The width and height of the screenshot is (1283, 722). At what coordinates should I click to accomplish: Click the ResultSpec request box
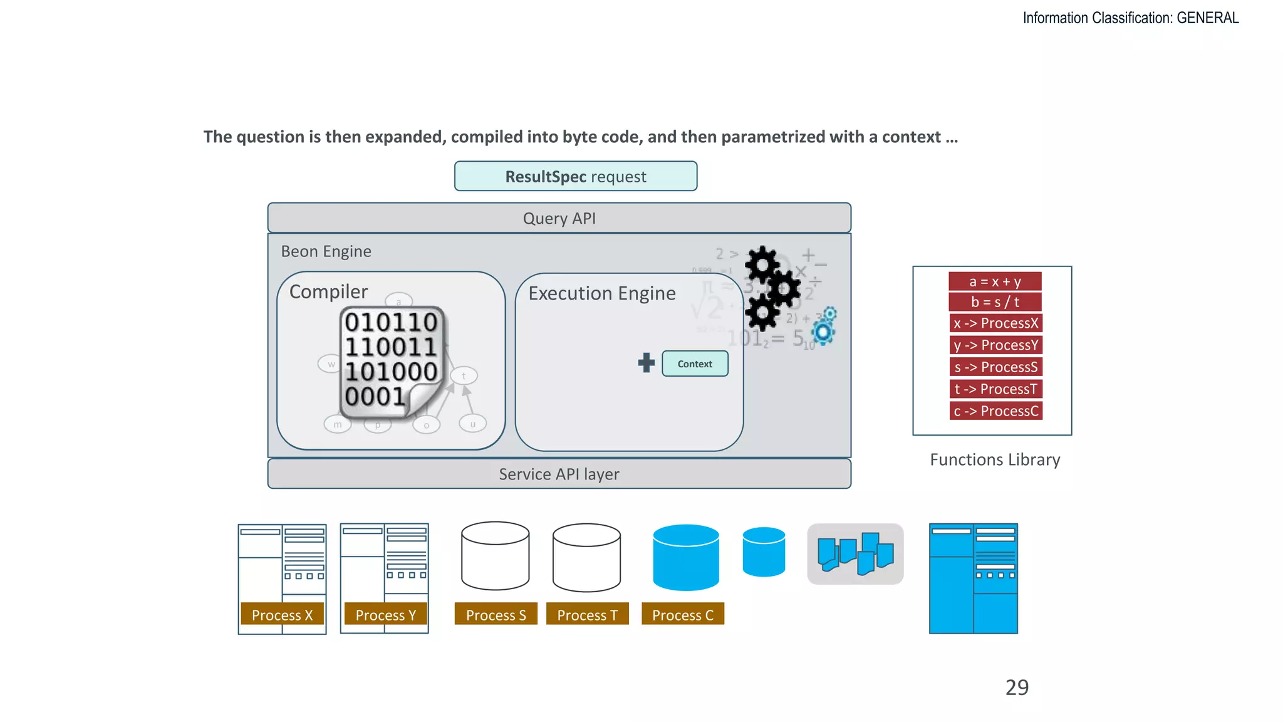[x=575, y=176]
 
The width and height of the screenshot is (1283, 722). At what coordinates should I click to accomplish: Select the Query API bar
[x=559, y=218]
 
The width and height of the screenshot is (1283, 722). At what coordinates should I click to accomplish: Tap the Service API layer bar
[x=559, y=474]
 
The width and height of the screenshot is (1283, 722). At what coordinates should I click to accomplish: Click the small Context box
[x=695, y=364]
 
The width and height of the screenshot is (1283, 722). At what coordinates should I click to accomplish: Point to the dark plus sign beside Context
[x=646, y=362]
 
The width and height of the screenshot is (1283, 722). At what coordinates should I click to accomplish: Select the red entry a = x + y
[x=995, y=281]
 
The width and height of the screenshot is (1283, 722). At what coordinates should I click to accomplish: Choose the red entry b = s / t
[x=995, y=302]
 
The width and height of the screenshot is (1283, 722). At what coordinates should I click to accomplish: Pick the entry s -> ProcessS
[x=995, y=367]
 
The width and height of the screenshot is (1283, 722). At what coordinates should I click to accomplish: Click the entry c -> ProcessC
[x=995, y=411]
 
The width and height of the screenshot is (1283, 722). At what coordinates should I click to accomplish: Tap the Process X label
[x=282, y=615]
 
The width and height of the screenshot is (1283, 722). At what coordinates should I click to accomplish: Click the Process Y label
[x=385, y=615]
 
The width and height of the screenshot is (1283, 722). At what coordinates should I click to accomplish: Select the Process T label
[x=587, y=615]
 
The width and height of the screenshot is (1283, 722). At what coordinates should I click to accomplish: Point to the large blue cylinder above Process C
[x=686, y=557]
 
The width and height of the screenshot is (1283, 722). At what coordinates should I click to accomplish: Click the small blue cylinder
[x=764, y=552]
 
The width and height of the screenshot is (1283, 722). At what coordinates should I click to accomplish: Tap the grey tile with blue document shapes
[x=855, y=554]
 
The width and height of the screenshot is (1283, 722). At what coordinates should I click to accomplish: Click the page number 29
[x=1017, y=688]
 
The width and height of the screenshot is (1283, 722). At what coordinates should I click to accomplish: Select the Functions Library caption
[x=995, y=459]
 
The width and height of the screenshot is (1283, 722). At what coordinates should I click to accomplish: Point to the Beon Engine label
[x=326, y=251]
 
